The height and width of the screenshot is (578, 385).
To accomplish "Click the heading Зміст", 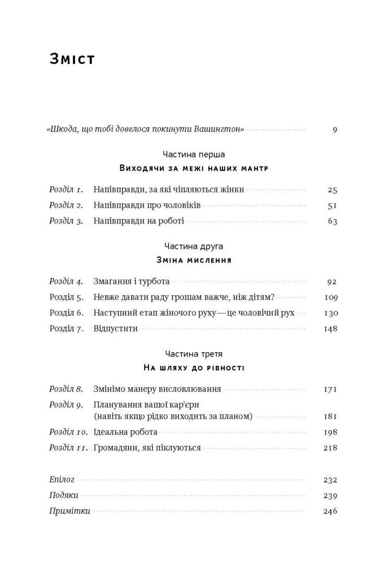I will point(72,60).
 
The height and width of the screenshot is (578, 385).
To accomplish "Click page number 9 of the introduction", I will point(335,130).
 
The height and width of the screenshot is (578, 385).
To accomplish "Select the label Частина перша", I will point(194,154).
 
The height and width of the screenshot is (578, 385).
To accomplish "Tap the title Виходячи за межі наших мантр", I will point(194,168).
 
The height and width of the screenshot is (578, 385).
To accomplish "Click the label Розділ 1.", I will point(66,190).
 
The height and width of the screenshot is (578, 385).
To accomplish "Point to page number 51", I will point(332,205).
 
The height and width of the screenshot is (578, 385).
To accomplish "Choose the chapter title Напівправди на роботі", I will point(138,221).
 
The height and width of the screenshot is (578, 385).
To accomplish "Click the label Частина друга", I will point(194,246).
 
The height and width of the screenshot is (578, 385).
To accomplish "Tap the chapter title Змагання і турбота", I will point(131,281).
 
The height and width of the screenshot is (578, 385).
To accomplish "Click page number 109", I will point(331,297).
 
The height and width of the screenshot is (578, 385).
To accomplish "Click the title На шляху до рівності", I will point(194,367).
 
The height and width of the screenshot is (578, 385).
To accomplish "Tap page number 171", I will point(331,389).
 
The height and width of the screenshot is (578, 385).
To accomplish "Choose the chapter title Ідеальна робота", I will point(125,432).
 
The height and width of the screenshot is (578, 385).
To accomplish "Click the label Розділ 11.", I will point(68,448).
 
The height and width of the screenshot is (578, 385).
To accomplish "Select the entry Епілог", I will point(62,480).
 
